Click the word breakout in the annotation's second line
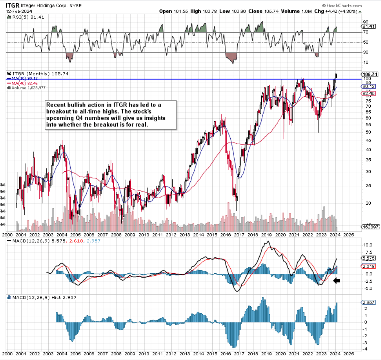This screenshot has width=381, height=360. (60, 112)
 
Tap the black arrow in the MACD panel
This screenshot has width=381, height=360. (337, 281)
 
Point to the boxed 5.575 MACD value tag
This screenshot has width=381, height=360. (368, 258)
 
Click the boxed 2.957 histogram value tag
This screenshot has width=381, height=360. (368, 303)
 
